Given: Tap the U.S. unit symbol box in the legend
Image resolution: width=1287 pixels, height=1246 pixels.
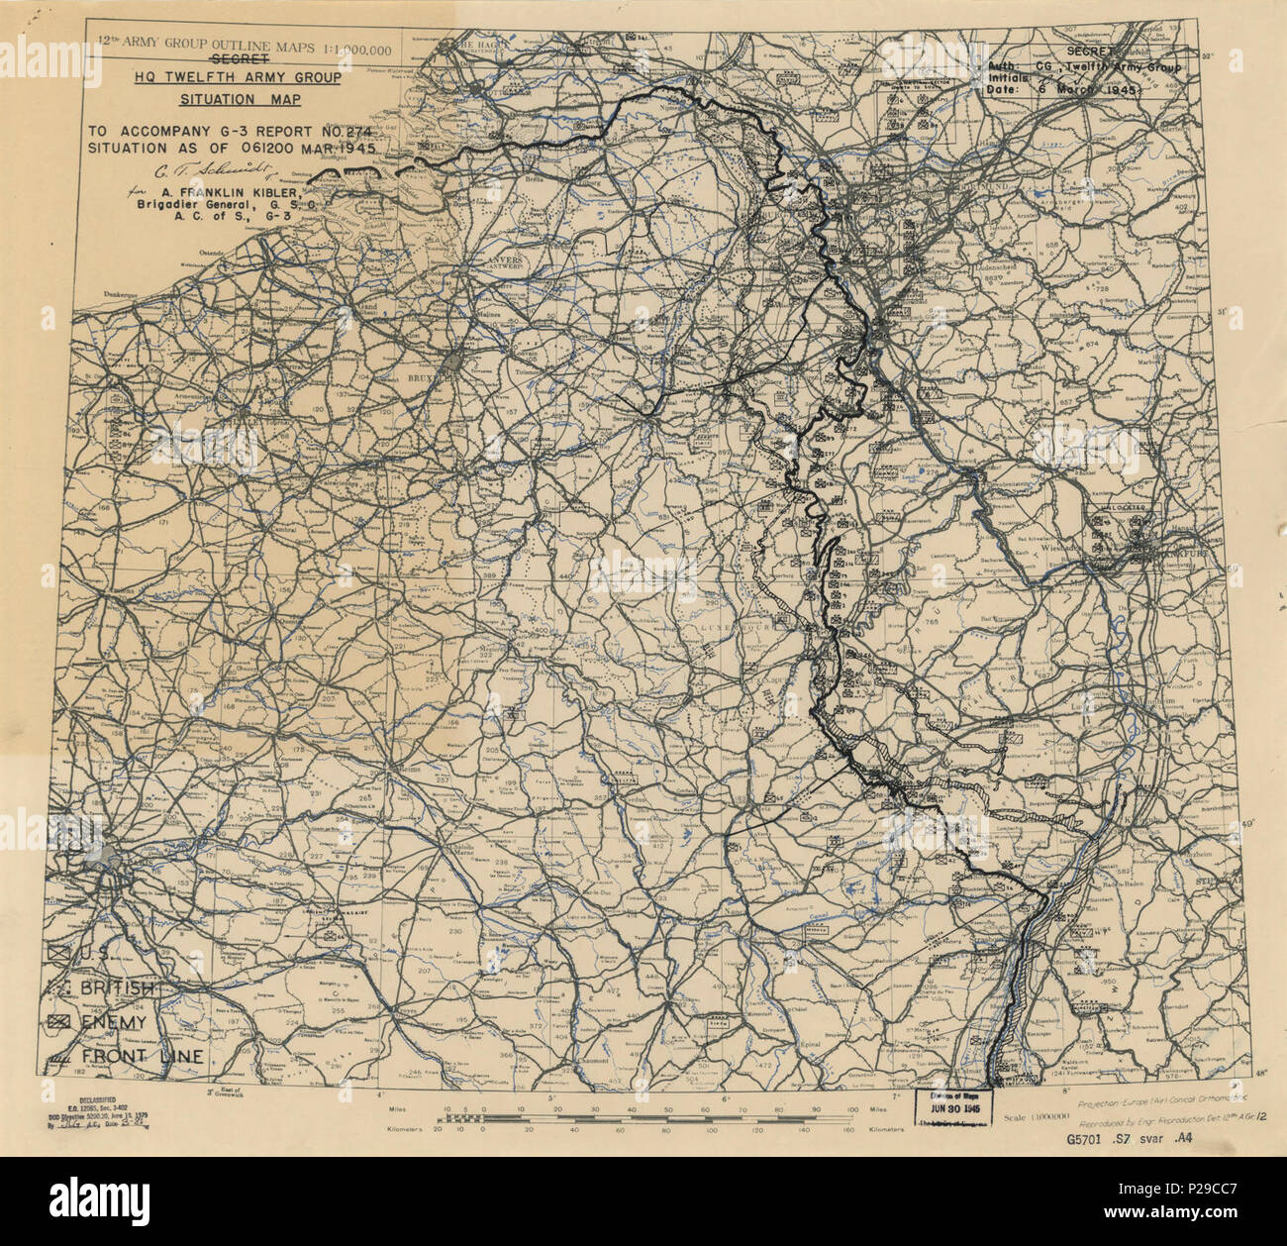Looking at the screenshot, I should (x=61, y=953).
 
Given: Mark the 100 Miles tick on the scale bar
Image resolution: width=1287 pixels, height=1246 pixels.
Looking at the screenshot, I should (x=851, y=1109).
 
